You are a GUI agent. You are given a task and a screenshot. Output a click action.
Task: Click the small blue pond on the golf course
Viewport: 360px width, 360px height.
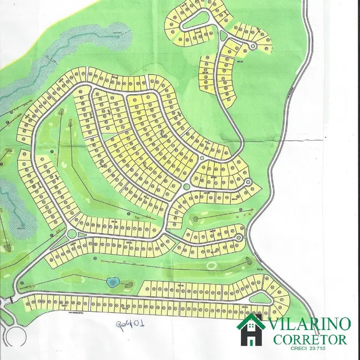coord(113,282)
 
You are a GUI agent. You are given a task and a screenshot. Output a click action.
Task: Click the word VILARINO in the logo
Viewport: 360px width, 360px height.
coord(309,325)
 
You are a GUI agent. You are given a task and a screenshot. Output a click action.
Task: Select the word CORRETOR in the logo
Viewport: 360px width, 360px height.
coord(310,339)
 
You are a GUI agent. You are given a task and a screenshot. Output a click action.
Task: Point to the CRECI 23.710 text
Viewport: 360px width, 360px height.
coord(310,348)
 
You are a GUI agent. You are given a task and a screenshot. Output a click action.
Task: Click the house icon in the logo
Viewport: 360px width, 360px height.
coord(251,329)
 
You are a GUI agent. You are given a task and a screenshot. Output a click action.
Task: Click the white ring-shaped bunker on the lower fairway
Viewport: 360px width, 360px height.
coord(211,265)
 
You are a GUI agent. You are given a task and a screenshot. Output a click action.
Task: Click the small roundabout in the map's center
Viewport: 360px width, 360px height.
coord(187,187)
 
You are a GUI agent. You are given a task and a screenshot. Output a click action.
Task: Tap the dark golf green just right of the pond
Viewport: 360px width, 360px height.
coord(128,285)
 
